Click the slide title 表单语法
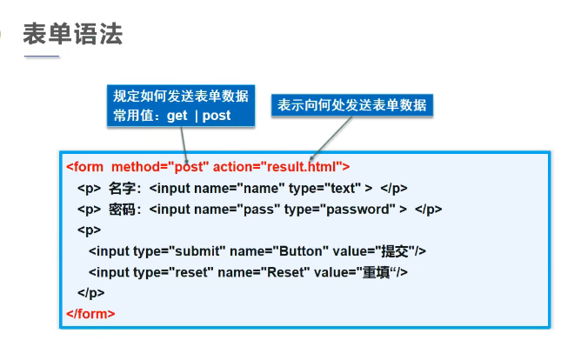point(73,34)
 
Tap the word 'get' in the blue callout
point(177,116)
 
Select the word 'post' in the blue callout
point(217,116)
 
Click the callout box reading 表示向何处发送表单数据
point(352,105)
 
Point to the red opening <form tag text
point(84,167)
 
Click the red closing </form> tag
point(90,314)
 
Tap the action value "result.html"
point(301,167)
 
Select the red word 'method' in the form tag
point(136,167)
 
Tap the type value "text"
point(343,188)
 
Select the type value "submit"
point(197,251)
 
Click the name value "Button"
point(301,251)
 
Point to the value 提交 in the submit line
point(395,251)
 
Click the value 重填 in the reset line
point(376,272)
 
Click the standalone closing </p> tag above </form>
point(90,293)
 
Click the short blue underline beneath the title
point(42,57)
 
